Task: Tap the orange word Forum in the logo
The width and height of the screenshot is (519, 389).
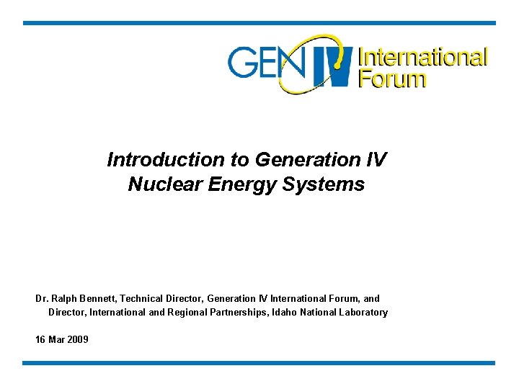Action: click(392, 78)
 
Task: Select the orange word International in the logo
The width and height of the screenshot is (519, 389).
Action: click(423, 56)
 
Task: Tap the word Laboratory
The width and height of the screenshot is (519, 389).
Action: click(363, 313)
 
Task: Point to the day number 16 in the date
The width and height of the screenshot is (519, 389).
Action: click(40, 339)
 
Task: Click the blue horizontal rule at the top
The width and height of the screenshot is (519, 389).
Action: click(259, 23)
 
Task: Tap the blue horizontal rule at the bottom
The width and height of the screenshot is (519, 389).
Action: click(259, 363)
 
